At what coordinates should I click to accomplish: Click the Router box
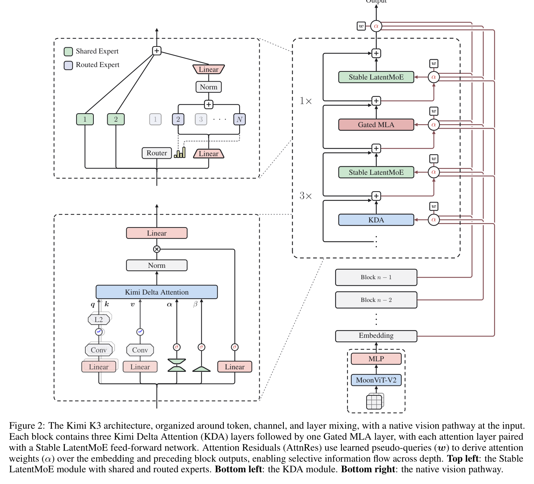(x=156, y=153)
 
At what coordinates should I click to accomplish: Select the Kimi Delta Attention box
(x=156, y=292)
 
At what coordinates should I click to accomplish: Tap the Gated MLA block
(x=376, y=125)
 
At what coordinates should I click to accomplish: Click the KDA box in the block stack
(x=376, y=220)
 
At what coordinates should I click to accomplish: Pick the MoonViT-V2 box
(x=376, y=380)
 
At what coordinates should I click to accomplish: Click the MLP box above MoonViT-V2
(x=376, y=359)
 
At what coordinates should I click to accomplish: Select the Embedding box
(x=376, y=336)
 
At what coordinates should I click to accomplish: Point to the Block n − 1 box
(x=376, y=277)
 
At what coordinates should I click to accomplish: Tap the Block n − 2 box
(x=376, y=300)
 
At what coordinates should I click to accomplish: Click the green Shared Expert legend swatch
(x=68, y=51)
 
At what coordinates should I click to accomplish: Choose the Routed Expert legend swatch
(x=68, y=65)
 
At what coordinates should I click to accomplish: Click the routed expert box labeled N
(x=239, y=119)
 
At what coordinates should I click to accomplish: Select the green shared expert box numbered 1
(x=85, y=119)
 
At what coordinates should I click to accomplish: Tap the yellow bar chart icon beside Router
(x=180, y=153)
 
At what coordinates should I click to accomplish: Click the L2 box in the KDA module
(x=99, y=319)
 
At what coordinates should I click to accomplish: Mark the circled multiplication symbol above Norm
(x=157, y=249)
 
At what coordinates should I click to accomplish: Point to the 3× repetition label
(x=305, y=196)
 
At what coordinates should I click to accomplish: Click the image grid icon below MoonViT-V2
(x=375, y=402)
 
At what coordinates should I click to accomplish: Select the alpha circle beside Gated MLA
(x=434, y=125)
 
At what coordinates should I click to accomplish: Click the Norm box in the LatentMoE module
(x=208, y=87)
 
